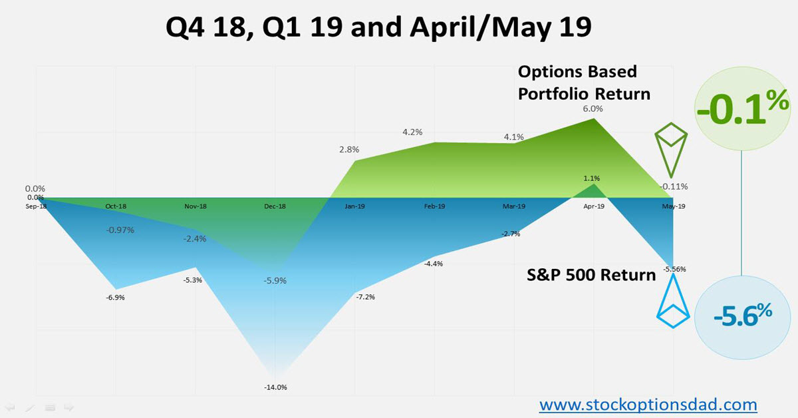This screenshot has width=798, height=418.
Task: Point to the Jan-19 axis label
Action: coord(354,207)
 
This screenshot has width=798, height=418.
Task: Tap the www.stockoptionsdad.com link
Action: coord(648,404)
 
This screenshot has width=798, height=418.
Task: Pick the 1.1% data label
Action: coord(592,178)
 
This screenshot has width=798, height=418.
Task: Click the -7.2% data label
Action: coord(365,297)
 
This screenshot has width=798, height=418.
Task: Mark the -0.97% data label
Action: coord(120,230)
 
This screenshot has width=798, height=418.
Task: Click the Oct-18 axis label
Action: coord(116,207)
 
